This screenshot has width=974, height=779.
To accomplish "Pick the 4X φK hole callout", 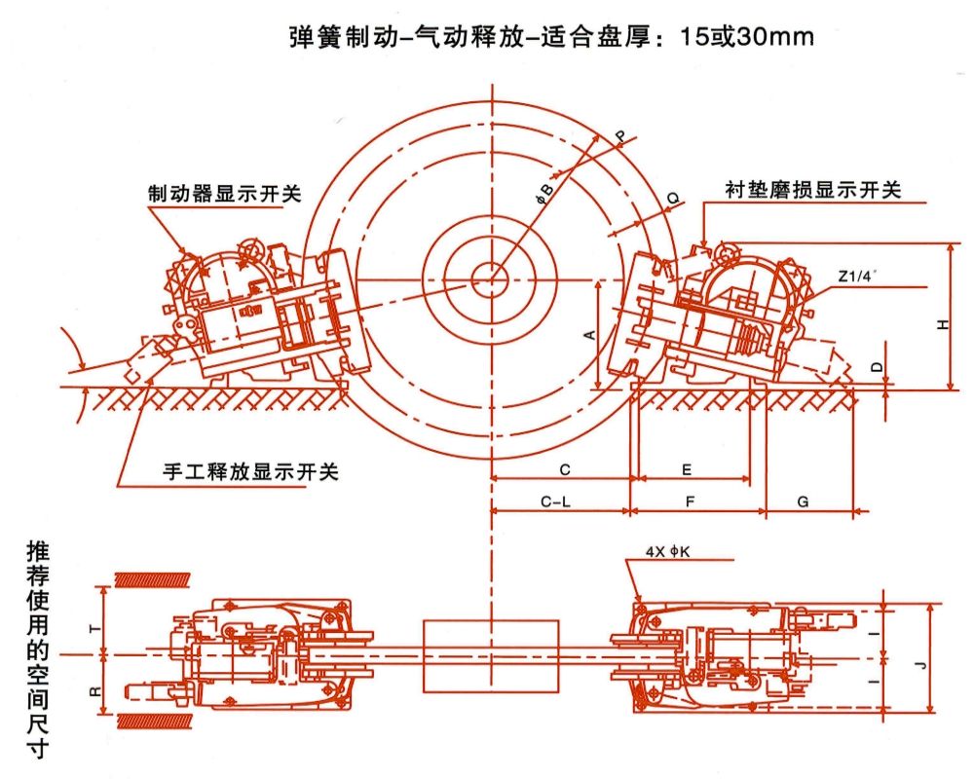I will (667, 551).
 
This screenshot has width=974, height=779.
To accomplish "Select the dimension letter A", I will (588, 334).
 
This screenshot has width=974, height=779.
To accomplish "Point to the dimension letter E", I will (687, 469).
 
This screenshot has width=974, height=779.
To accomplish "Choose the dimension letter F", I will (690, 502).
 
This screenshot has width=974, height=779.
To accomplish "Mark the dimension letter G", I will (804, 502).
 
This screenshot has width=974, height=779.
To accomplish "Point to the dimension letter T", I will (94, 628).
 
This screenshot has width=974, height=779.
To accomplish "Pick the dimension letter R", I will (94, 689).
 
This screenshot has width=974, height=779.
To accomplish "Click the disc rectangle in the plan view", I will (491, 654).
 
